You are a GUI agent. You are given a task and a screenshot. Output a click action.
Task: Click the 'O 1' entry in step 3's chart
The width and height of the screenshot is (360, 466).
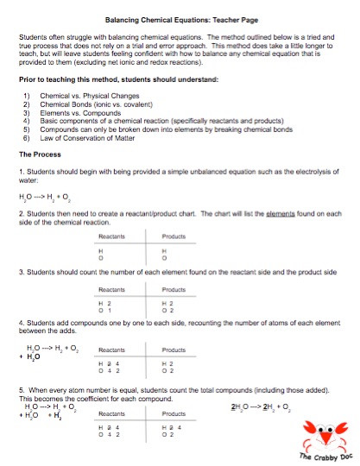[x=104, y=311]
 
